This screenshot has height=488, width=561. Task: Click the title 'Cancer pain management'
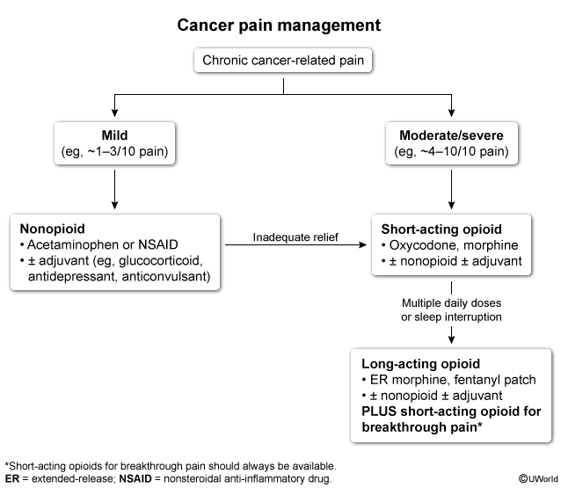click(x=279, y=25)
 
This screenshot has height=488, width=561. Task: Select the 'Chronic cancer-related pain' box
click(x=283, y=61)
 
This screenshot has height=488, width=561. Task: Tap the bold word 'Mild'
click(x=114, y=135)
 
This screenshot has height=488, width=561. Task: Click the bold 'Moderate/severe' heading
click(x=451, y=135)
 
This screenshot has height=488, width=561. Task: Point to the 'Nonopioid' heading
click(x=52, y=229)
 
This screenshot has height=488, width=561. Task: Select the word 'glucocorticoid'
click(x=161, y=261)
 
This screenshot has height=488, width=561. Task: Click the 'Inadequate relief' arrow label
click(x=295, y=237)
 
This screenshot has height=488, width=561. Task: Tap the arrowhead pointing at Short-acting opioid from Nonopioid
click(x=363, y=244)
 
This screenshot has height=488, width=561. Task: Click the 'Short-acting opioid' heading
click(x=441, y=229)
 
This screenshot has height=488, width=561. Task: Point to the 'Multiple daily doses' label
click(x=451, y=303)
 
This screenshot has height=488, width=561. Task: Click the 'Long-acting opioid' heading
click(x=420, y=363)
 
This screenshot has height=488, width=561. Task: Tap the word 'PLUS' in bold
click(x=379, y=412)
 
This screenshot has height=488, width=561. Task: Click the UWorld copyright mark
click(x=538, y=478)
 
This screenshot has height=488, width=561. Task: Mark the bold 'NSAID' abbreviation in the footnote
click(x=135, y=478)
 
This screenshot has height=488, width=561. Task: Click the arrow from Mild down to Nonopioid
click(x=114, y=189)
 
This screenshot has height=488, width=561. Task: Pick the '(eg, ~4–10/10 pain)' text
click(x=451, y=151)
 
